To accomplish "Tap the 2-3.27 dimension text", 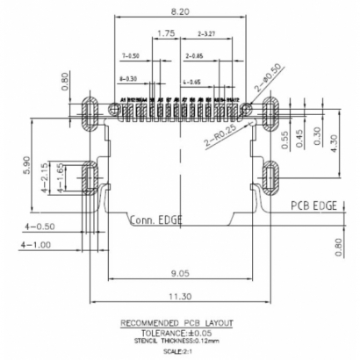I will coord(209,34).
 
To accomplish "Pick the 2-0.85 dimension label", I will coord(196,55).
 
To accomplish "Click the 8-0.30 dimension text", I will coord(133,79).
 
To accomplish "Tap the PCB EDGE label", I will coord(315,205).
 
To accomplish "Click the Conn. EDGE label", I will coord(156,220).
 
